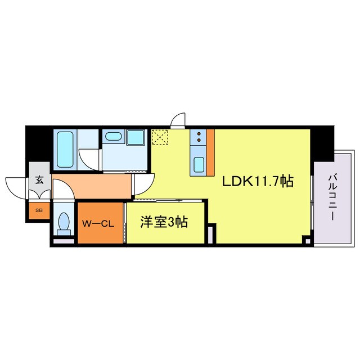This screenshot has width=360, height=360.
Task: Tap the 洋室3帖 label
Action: tap(164, 222)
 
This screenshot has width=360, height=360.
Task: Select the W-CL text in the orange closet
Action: tap(98, 223)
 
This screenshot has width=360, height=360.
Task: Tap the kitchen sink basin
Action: tap(199, 165)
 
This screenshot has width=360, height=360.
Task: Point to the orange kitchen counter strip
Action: tap(210, 152)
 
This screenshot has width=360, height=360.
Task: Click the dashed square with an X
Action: tap(160, 137)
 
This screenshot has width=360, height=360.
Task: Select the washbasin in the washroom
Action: tap(114, 137)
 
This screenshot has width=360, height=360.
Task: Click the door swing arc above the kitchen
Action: tap(178, 119)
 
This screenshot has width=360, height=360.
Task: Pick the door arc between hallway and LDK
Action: tap(144, 183)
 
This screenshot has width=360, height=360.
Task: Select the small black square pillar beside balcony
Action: tap(307, 240)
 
